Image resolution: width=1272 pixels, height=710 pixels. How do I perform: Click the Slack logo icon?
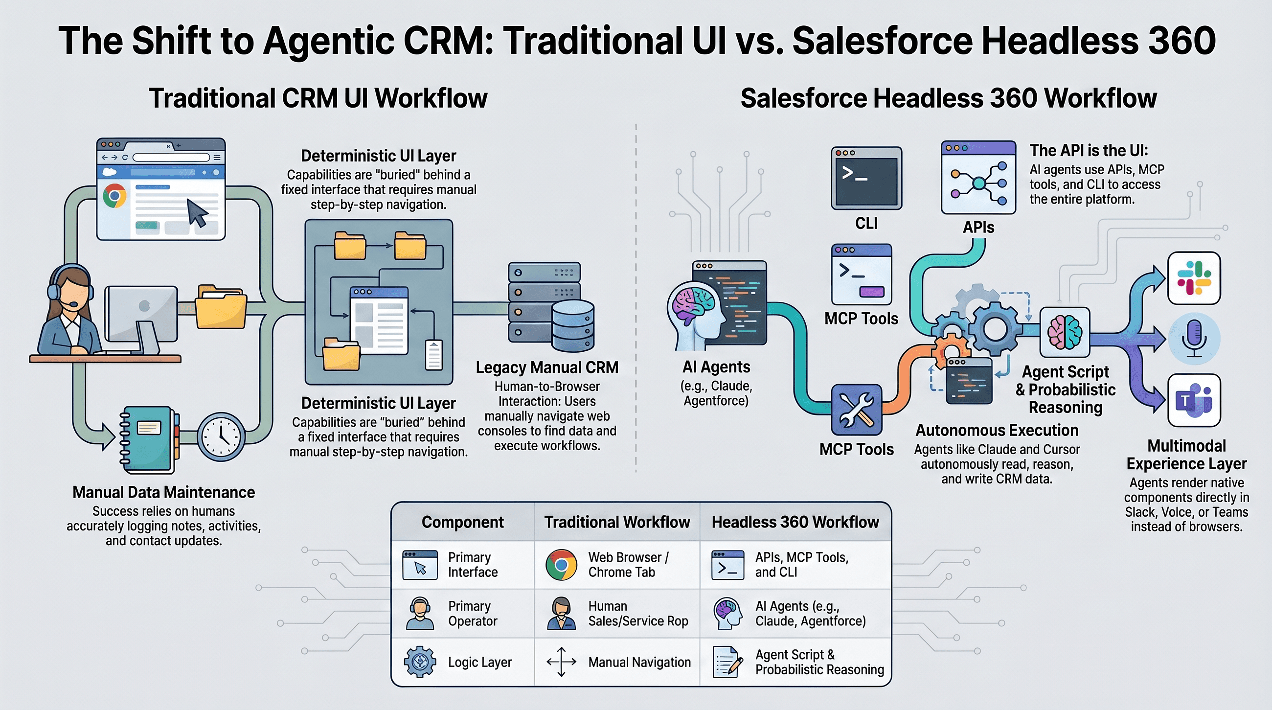pos(1194,278)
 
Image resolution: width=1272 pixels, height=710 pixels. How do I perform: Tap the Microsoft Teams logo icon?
pos(1194,400)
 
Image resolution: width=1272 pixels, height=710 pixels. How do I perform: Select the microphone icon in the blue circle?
pos(1194,339)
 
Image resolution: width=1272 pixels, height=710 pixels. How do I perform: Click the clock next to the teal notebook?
pos(221,436)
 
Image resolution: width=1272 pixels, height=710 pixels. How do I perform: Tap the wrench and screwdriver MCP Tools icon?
pos(856,409)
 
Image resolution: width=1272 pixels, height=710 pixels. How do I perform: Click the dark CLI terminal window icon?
pos(866,178)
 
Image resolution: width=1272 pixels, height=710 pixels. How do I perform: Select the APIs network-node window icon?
pos(978,178)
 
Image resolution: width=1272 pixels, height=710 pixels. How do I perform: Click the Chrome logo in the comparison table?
pos(561,564)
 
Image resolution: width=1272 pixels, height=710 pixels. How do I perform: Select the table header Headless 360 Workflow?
pos(795,522)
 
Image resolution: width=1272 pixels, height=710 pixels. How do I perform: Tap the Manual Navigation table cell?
pos(639,662)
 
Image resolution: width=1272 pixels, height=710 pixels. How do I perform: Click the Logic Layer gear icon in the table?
pos(420,662)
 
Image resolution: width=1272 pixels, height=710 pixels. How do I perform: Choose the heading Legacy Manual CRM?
pos(546,367)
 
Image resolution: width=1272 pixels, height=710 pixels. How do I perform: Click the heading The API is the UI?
pos(1089,151)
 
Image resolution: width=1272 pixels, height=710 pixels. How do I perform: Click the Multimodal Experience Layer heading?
pos(1186,455)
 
